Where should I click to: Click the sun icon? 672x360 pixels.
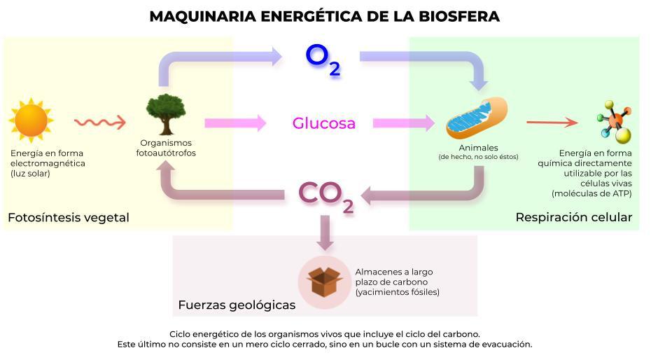point(31,120)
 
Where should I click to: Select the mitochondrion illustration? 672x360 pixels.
point(477,118)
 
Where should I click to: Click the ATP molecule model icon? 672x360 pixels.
point(613,122)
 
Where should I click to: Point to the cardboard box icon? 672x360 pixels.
point(324,282)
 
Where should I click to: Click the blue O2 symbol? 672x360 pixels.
point(323,60)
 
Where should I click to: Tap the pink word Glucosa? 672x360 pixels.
point(323,124)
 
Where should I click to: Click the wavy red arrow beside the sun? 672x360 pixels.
point(100,123)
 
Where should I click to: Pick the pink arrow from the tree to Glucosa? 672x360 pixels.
point(235,123)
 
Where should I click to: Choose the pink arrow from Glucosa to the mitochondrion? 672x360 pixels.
point(403,123)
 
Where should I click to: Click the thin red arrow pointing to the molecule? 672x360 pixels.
point(552,123)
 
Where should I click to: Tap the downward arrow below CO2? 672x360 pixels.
point(324,233)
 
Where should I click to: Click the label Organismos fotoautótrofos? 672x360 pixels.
point(166,148)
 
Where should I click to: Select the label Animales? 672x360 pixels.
point(478,148)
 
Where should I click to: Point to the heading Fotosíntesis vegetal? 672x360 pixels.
point(69,218)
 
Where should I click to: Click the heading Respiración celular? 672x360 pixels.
point(573,218)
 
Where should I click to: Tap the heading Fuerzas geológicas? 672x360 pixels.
point(237,305)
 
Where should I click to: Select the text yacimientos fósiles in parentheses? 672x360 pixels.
point(397,292)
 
